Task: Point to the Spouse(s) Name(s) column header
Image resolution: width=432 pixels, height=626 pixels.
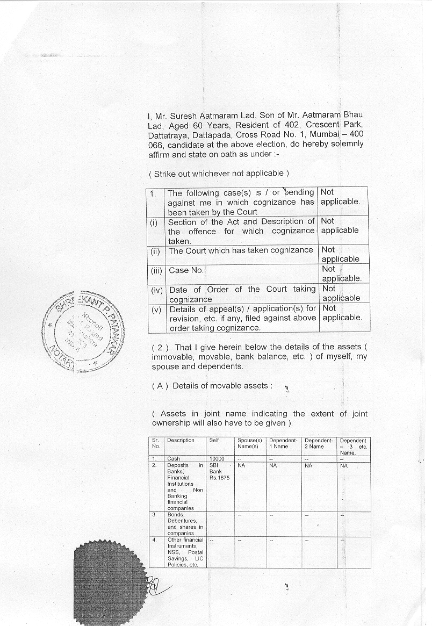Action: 249,443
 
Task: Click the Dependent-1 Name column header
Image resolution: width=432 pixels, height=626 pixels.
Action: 283,443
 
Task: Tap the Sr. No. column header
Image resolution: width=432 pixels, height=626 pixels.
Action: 156,443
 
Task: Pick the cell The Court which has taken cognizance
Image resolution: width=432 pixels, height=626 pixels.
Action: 241,250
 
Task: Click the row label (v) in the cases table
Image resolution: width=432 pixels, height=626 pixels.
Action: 156,309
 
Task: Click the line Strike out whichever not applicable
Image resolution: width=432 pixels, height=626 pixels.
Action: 219,174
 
